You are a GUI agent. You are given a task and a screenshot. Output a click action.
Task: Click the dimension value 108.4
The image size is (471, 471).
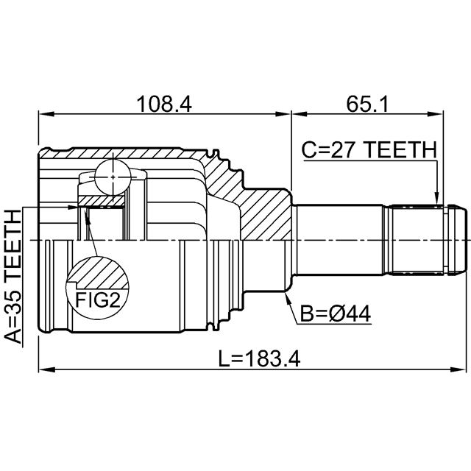(164, 105)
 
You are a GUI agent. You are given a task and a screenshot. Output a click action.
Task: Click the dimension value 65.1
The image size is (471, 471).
(367, 105)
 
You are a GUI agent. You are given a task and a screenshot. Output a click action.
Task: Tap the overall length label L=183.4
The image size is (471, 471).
(259, 359)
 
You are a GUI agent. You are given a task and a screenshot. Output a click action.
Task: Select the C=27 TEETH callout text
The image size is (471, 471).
(369, 150)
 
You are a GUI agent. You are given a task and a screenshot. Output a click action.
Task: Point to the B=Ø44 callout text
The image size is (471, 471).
(336, 314)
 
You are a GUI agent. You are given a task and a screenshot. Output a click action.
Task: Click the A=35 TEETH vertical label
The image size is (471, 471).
(14, 277)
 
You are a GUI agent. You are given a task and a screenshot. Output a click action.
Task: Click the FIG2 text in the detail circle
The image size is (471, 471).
(98, 300)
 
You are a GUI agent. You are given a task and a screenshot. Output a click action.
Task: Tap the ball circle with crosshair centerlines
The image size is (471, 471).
(113, 177)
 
